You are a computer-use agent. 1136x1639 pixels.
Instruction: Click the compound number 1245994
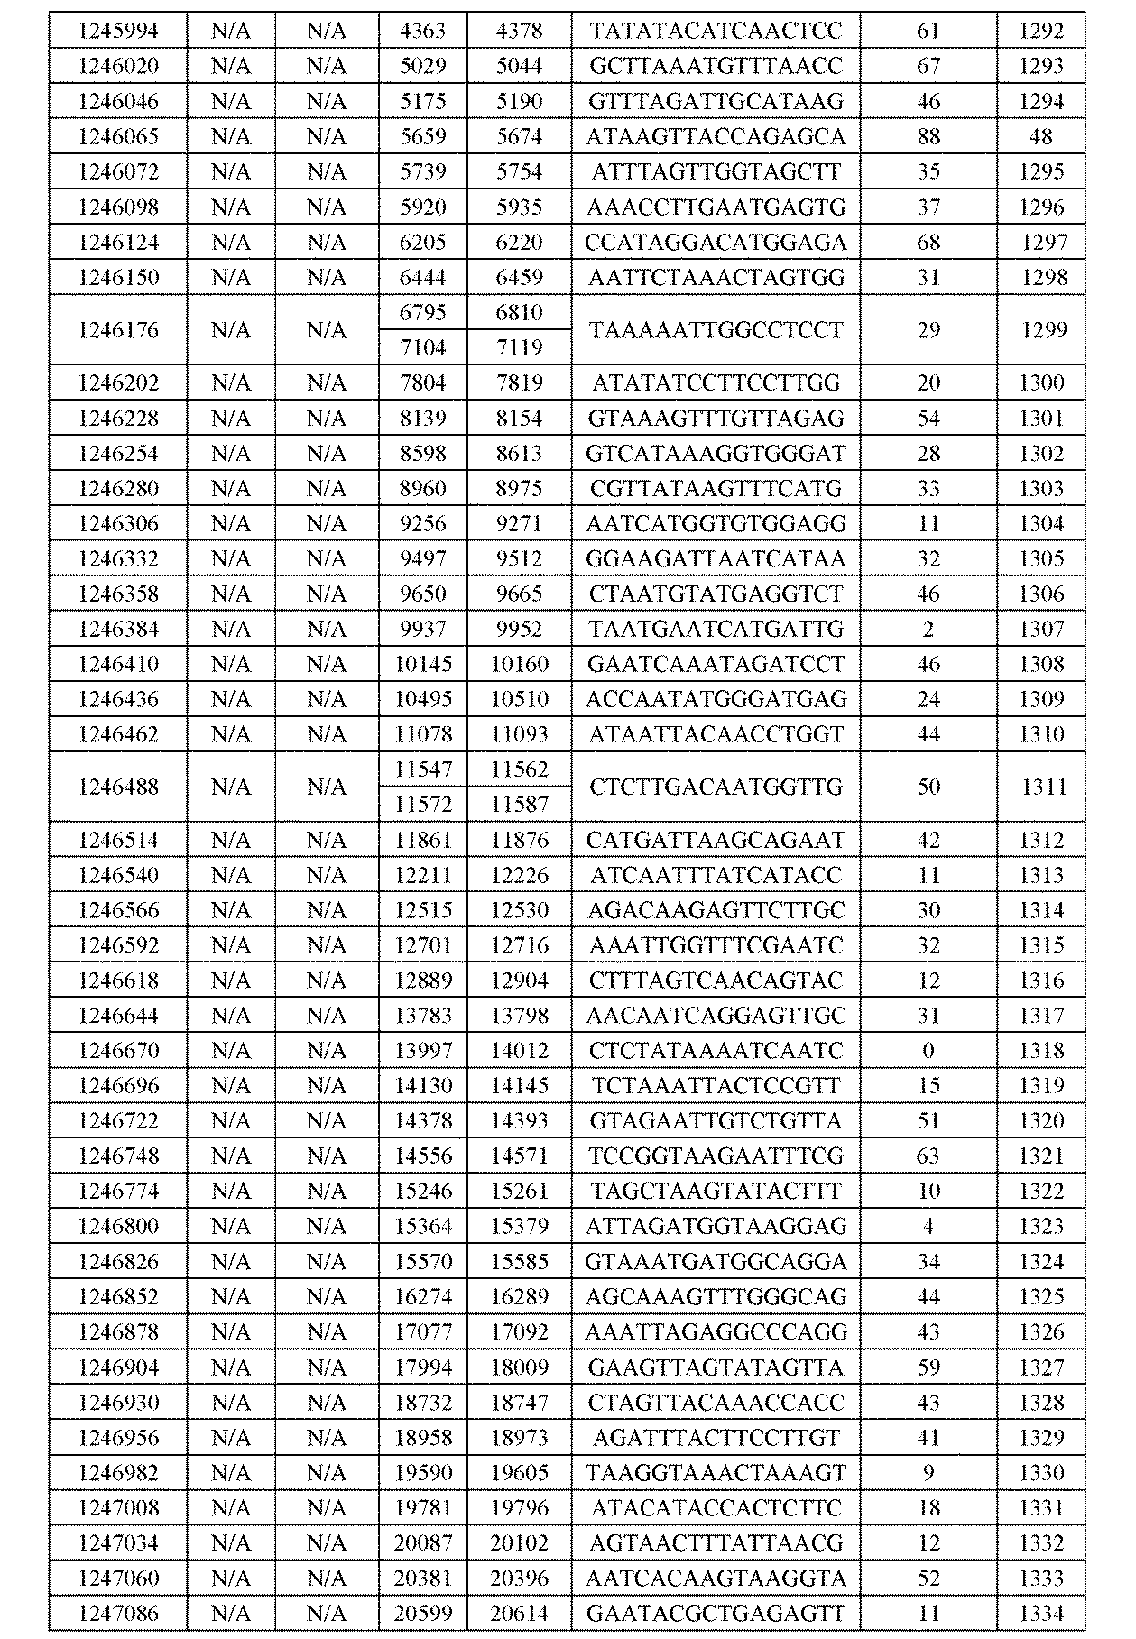(118, 31)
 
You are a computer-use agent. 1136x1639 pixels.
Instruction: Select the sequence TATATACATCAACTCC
(716, 31)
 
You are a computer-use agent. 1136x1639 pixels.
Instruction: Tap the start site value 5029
(422, 66)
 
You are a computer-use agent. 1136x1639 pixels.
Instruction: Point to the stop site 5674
(519, 136)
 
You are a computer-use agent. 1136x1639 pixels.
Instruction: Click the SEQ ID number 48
(1040, 136)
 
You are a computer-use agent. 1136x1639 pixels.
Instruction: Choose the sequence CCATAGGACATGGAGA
(716, 242)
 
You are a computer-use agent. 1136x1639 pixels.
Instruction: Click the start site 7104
(422, 347)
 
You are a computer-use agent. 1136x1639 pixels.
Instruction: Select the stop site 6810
(519, 312)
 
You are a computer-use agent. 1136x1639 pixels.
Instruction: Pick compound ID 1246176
(118, 330)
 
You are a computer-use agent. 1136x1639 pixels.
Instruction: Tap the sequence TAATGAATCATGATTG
(716, 629)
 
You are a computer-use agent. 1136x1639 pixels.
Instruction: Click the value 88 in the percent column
(928, 136)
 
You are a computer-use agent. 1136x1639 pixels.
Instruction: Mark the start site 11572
(422, 804)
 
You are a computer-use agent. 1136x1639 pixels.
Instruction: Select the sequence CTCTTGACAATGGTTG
(716, 787)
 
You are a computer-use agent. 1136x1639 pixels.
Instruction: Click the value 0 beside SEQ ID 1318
(928, 1051)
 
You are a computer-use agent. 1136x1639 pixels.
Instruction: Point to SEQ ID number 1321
(1041, 1156)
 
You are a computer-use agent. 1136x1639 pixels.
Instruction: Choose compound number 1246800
(118, 1227)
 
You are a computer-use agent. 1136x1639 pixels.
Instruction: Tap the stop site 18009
(519, 1367)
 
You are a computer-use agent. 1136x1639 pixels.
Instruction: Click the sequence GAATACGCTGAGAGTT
(716, 1613)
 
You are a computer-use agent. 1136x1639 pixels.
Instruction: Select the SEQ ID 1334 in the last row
(1041, 1613)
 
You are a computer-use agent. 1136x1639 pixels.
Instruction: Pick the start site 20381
(422, 1578)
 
